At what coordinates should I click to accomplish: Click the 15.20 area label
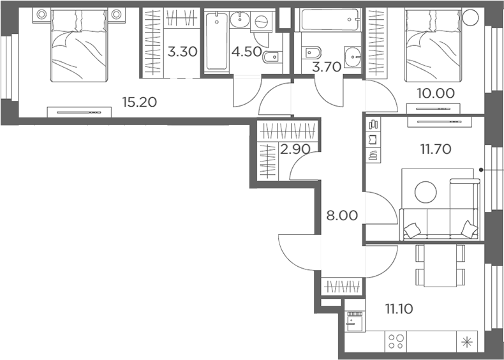(140, 102)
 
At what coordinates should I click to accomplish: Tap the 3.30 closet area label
(182, 52)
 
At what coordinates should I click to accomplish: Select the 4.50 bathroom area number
(246, 52)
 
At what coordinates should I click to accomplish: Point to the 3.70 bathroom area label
(326, 67)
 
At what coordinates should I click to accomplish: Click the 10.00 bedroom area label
(436, 93)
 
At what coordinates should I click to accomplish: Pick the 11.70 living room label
(436, 149)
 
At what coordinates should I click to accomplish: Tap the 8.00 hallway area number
(342, 216)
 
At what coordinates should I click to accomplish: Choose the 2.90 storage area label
(295, 149)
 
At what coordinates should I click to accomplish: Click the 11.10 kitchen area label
(399, 309)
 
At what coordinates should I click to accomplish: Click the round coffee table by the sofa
(426, 192)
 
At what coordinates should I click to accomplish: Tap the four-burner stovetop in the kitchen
(396, 341)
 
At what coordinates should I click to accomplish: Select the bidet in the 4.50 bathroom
(272, 57)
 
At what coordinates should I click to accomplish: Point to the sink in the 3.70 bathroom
(353, 57)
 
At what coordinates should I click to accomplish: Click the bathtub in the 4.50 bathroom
(217, 41)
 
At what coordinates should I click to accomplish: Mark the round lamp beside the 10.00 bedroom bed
(470, 17)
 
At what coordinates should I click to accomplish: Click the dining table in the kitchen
(440, 266)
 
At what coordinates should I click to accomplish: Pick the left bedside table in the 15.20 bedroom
(41, 15)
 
